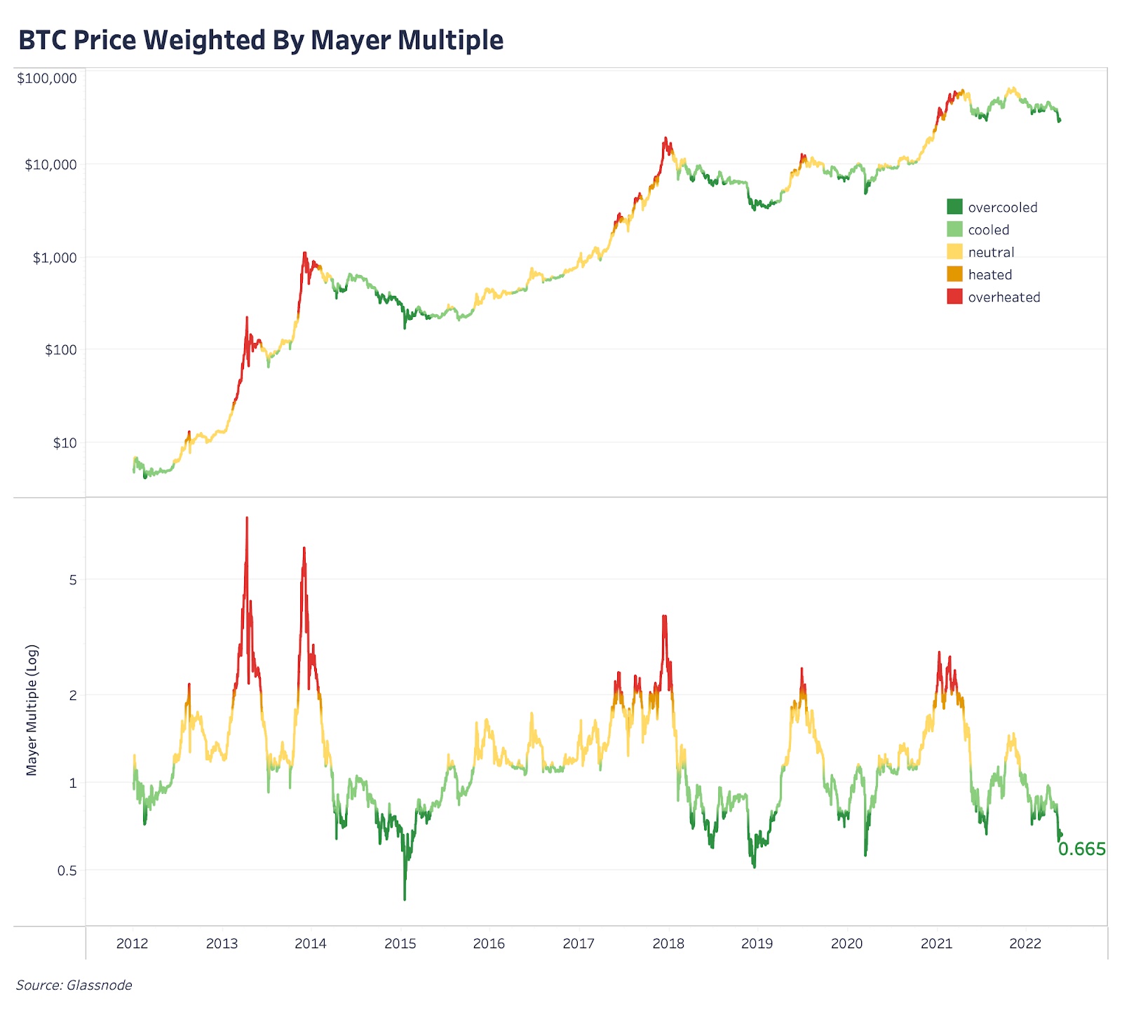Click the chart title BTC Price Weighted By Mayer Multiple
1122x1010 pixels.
tap(261, 40)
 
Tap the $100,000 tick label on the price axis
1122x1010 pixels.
tap(47, 78)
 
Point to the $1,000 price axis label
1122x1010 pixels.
tap(55, 257)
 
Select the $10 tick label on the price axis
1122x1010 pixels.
tap(65, 443)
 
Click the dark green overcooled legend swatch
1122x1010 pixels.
tap(954, 207)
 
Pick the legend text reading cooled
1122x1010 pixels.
tap(988, 230)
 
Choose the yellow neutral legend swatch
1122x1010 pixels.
tap(954, 252)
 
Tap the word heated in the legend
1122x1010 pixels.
tap(989, 275)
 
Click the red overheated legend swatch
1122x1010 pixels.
tap(954, 297)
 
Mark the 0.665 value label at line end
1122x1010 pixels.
tap(1081, 849)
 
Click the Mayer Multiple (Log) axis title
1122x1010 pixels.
tap(32, 710)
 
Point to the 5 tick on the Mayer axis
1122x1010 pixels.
tap(73, 580)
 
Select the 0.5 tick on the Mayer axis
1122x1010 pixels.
tap(67, 870)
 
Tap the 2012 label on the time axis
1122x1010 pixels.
tap(132, 943)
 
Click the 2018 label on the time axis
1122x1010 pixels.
tap(668, 943)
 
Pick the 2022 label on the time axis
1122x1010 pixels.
tap(1025, 943)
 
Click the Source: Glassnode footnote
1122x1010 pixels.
tap(74, 985)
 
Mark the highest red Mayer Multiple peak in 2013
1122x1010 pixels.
tap(247, 519)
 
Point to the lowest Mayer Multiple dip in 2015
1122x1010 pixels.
tap(405, 898)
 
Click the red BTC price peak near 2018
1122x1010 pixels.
tap(665, 139)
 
